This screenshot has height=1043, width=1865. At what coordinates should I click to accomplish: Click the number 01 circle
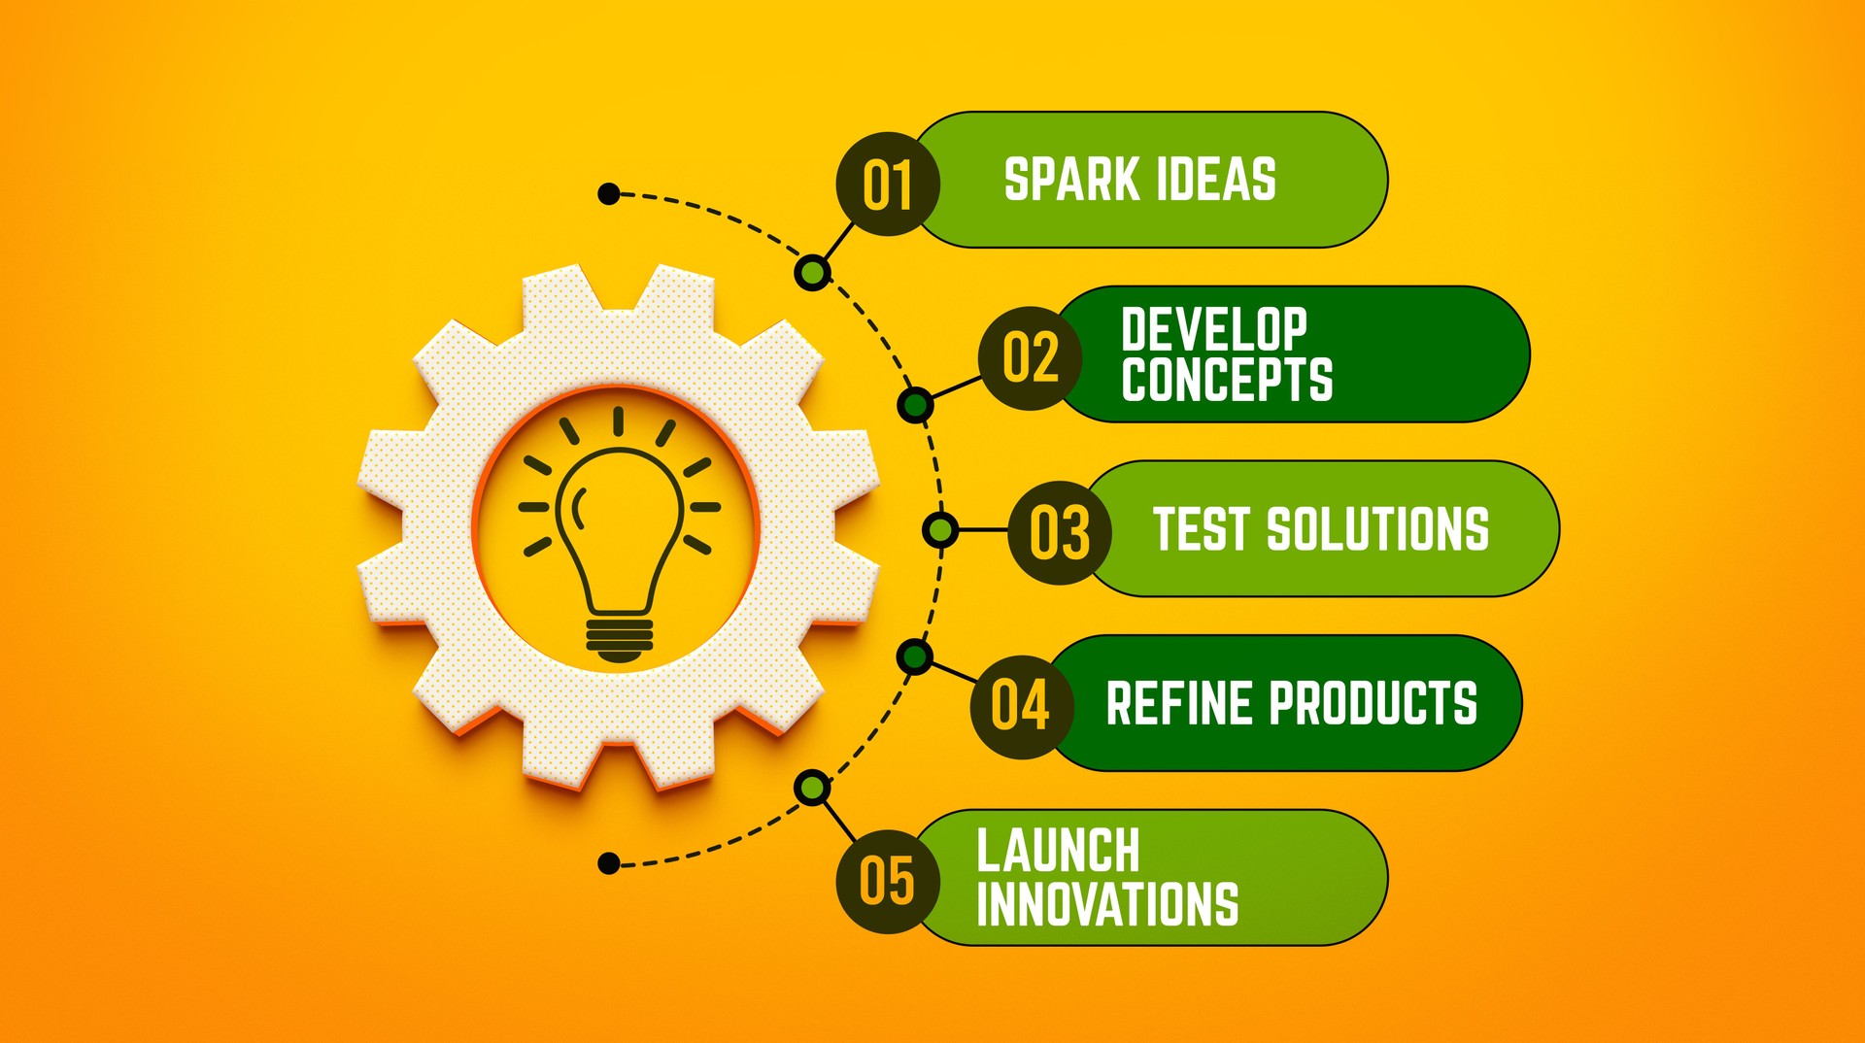point(888,185)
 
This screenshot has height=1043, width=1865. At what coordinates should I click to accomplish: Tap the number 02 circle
point(1030,357)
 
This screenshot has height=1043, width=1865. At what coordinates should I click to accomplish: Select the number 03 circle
point(1059,532)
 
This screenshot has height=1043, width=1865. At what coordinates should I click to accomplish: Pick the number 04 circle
point(1022,706)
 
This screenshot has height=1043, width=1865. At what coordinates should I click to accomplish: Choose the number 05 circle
point(888,881)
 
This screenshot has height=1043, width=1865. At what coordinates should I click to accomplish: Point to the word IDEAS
point(1215,180)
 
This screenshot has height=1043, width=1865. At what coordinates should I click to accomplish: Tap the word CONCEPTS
point(1227,379)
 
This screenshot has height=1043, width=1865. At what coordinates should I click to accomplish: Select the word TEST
point(1202,529)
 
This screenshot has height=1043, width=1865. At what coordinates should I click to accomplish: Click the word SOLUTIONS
point(1377,529)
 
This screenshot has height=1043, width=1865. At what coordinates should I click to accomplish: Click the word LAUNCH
point(1058,851)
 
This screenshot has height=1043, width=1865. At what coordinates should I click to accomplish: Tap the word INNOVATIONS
point(1107,904)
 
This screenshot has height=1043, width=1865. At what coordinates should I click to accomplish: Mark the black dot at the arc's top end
point(609,194)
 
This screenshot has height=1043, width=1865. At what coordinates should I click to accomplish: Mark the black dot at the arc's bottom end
point(609,863)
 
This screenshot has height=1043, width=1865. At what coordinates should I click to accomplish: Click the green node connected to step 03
point(939,530)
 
